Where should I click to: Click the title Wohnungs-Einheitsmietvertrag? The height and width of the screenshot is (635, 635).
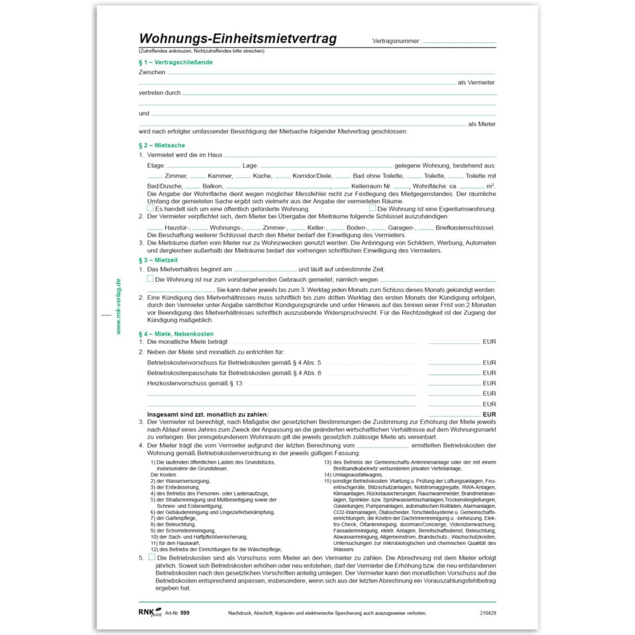tap(237, 39)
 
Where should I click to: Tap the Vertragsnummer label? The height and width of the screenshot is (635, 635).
tap(396, 41)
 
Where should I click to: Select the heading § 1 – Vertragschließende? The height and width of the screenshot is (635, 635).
tap(175, 62)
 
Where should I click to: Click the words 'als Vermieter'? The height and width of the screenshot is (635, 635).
tap(476, 83)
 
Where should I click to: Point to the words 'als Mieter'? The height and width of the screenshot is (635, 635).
tap(481, 124)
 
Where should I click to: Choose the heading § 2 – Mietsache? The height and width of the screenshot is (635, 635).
tap(161, 145)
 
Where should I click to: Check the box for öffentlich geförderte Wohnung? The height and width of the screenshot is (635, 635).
tap(150, 208)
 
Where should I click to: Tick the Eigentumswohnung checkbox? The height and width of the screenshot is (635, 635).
tap(372, 208)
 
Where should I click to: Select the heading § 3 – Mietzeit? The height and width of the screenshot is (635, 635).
tap(159, 260)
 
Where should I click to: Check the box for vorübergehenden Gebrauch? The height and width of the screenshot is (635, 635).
tap(150, 279)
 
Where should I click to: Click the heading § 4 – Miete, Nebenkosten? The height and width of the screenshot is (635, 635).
tap(176, 333)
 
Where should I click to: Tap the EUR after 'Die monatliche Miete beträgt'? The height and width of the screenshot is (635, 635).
tap(489, 342)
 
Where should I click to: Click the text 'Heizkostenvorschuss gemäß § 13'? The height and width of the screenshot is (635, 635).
tap(194, 383)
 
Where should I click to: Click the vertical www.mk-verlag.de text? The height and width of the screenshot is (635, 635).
tap(118, 306)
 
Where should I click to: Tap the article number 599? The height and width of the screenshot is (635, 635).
tap(185, 613)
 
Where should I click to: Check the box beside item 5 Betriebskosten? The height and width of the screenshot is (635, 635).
tap(151, 557)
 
